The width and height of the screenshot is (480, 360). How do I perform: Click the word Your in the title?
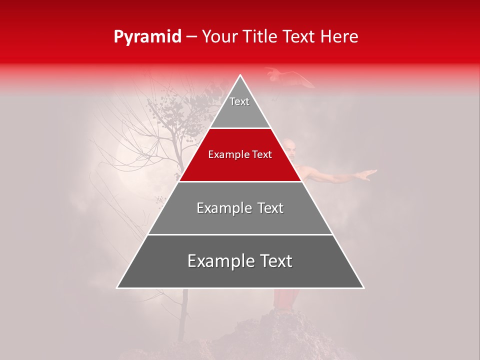219,37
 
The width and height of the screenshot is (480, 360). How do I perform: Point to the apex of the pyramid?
240,76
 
